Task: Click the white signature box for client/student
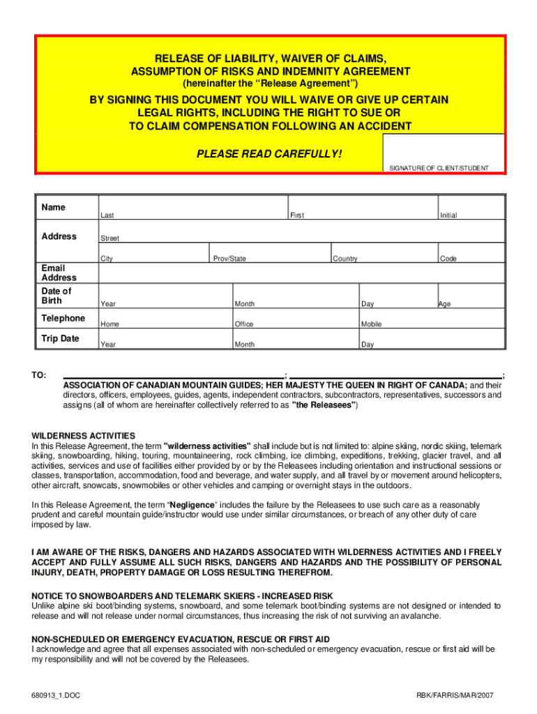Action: (x=443, y=149)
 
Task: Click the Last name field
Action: (x=193, y=206)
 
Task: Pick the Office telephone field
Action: (x=296, y=317)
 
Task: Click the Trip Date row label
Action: (x=61, y=339)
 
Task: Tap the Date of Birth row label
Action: (x=56, y=296)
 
